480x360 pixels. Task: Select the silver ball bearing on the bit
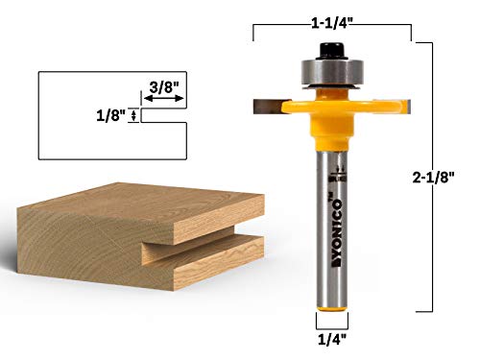pos(329,73)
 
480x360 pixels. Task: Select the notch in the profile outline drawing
pos(163,119)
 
